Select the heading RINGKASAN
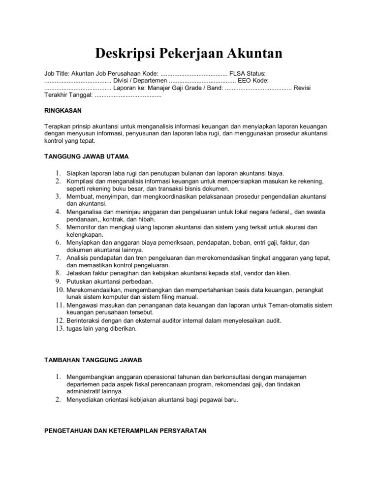tap(63, 111)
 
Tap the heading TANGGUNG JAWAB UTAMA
tap(86, 157)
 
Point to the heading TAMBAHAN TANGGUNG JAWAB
tap(93, 360)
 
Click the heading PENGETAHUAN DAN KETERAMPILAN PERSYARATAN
tap(126, 430)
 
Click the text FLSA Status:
tap(251, 73)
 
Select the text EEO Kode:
tap(252, 81)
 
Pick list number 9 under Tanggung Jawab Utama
tap(58, 282)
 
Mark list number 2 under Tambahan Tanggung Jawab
tap(58, 400)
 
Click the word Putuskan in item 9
tap(81, 282)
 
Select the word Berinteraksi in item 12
tap(84, 321)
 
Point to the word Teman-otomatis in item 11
tap(291, 305)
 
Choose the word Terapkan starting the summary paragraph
tap(58, 126)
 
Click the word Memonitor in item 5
tap(83, 227)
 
